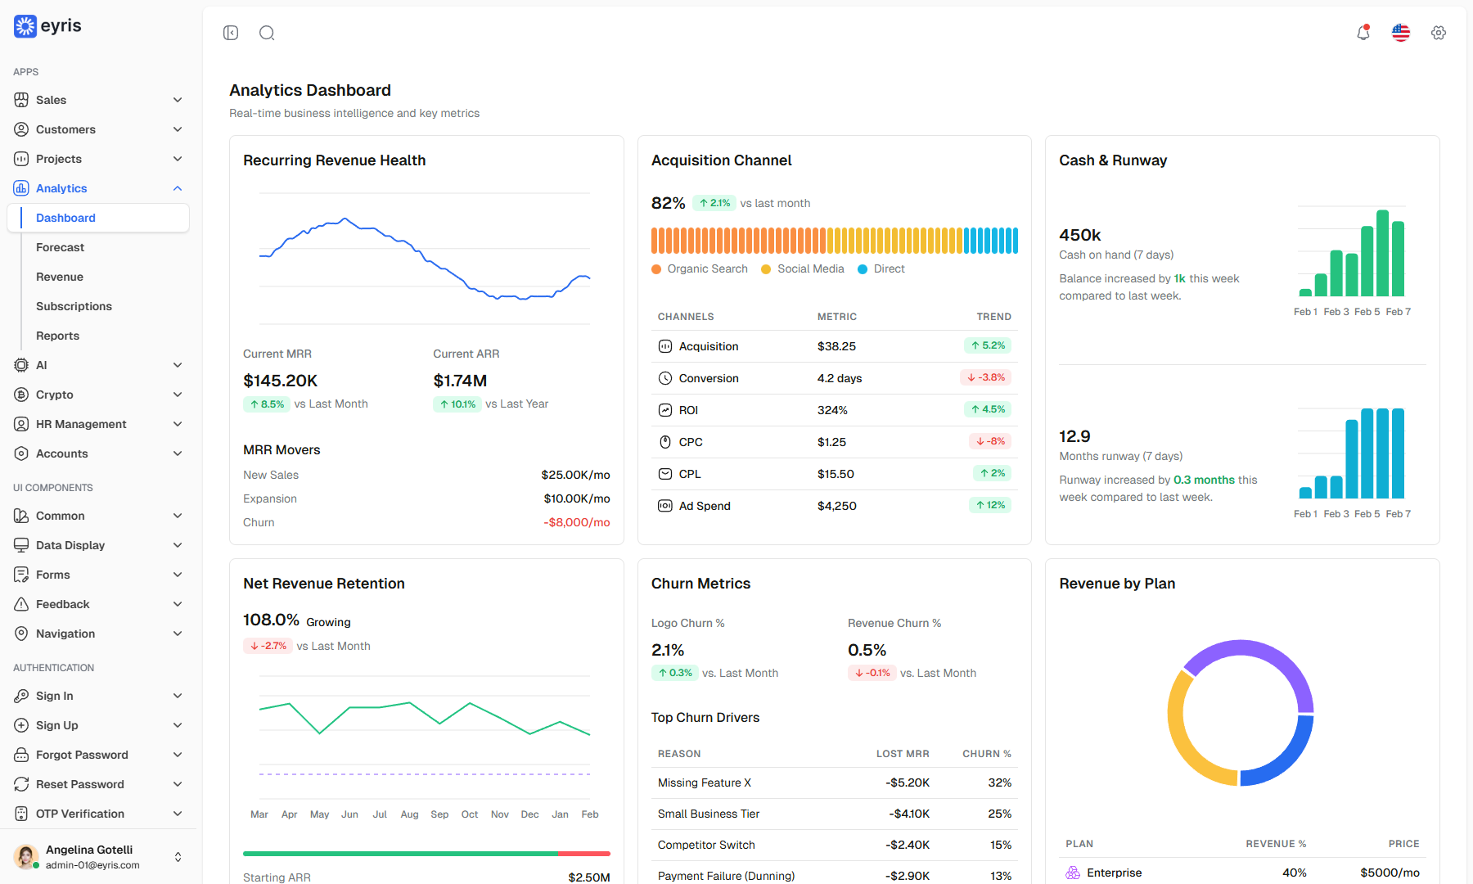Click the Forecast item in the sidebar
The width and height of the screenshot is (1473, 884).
click(x=60, y=247)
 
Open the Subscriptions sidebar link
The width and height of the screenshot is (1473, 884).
click(x=74, y=306)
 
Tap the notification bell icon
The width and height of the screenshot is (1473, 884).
click(x=1363, y=33)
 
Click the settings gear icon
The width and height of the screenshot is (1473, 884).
click(x=1439, y=33)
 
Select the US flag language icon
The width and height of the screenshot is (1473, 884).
click(x=1401, y=33)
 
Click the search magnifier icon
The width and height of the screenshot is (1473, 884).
click(x=267, y=33)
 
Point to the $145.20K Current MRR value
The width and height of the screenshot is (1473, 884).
click(x=280, y=381)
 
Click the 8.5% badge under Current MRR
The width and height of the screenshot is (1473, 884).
click(x=267, y=404)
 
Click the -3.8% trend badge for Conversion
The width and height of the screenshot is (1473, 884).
click(x=986, y=377)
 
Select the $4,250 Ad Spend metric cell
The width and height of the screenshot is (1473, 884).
click(x=836, y=506)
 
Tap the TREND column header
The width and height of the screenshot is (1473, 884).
click(x=993, y=317)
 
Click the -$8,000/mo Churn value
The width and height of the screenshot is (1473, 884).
click(x=577, y=522)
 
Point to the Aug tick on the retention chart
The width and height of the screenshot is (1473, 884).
click(x=409, y=814)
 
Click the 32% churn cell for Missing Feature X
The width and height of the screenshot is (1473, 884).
click(x=999, y=783)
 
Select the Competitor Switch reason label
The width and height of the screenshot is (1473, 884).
click(x=706, y=845)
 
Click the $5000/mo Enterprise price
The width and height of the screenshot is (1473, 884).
click(x=1390, y=873)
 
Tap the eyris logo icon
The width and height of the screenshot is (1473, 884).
click(x=25, y=26)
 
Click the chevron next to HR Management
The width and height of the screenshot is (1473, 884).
click(x=178, y=424)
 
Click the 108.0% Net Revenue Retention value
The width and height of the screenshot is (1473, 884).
click(x=271, y=620)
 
